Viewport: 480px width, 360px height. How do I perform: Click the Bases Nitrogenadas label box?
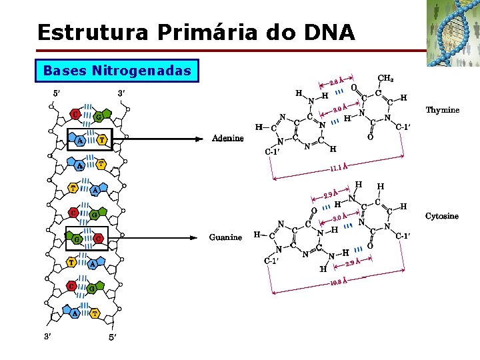[x=117, y=70]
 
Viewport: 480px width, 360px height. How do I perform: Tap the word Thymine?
[x=442, y=110]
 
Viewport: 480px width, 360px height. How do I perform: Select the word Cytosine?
[x=441, y=216]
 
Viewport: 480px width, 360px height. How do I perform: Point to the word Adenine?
[x=227, y=139]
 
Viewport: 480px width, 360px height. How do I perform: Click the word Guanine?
[x=225, y=237]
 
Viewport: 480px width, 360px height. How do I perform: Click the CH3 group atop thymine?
[x=385, y=79]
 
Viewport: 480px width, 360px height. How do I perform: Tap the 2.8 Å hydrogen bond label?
[x=337, y=82]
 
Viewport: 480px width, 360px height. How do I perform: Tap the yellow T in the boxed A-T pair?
[x=101, y=140]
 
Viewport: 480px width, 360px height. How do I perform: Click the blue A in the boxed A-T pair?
[x=79, y=141]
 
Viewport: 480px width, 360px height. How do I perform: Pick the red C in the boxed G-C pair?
[x=98, y=238]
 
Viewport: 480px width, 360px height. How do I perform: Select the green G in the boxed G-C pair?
[x=77, y=239]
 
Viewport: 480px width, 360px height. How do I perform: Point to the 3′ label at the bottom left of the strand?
[x=49, y=336]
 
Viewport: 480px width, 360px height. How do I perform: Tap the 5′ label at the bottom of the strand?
[x=113, y=337]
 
